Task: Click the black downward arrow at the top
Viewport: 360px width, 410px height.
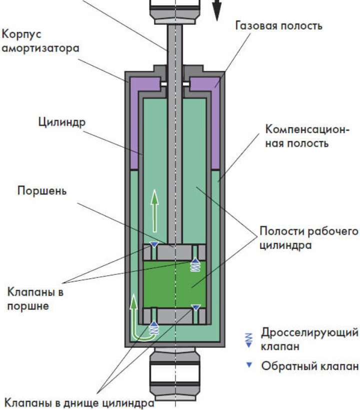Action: click(x=216, y=9)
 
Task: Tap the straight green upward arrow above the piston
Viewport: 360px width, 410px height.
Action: click(x=155, y=210)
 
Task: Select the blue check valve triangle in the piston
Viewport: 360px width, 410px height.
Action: click(x=154, y=245)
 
